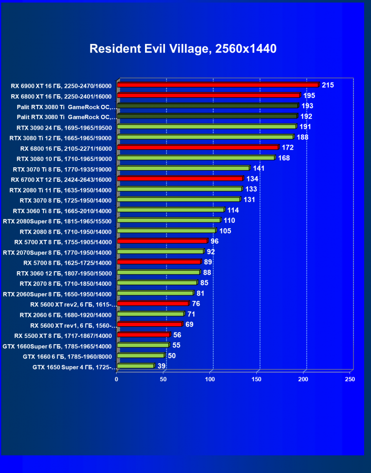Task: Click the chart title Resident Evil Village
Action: pos(183,49)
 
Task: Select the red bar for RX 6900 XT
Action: pos(218,85)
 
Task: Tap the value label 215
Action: pos(328,85)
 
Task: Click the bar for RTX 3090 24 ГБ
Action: pos(206,126)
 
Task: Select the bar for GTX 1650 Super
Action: pos(135,366)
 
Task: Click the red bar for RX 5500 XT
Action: pos(143,335)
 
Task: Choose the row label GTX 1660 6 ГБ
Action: pos(67,356)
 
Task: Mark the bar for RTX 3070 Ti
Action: pos(183,168)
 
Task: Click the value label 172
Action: pos(288,147)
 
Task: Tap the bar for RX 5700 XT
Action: pos(162,241)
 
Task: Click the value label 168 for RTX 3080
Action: pos(284,158)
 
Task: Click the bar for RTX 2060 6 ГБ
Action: pos(150,314)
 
